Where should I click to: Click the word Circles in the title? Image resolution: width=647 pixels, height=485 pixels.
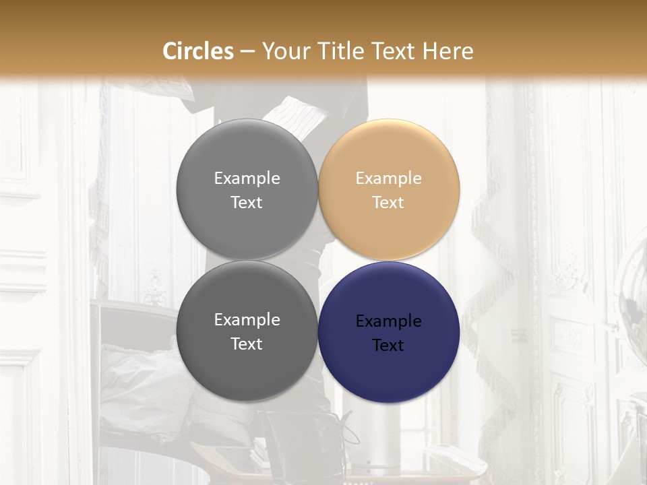coord(197,51)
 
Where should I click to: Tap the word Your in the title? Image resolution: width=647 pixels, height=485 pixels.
coord(285,51)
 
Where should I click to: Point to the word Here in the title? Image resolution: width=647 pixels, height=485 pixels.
coord(450,51)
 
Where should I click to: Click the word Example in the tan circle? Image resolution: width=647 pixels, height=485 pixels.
coord(388,179)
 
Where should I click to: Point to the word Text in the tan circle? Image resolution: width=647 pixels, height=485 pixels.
coord(388,203)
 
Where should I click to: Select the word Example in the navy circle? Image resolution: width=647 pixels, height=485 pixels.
coord(388,321)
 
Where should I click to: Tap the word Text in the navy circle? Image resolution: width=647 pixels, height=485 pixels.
coord(388,346)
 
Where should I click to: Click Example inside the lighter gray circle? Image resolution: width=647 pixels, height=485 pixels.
coord(247,179)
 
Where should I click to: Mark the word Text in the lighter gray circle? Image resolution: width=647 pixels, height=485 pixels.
coord(247,203)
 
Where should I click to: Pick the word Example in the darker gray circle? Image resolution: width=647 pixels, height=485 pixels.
coord(247,320)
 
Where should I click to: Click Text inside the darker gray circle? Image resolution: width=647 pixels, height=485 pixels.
coord(247,344)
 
